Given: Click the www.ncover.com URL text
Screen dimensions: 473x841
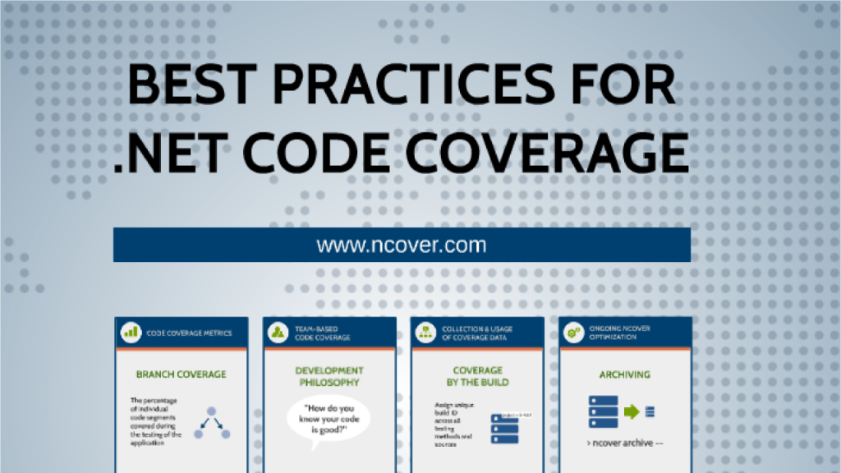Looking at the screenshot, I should pyautogui.click(x=402, y=245).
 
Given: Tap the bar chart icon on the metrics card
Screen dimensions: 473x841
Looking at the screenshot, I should pyautogui.click(x=131, y=333).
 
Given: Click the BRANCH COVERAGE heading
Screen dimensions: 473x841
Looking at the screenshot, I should pyautogui.click(x=181, y=374).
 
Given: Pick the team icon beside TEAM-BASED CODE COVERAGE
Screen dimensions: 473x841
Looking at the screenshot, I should pyautogui.click(x=278, y=333).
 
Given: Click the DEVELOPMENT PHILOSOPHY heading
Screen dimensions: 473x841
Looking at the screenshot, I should pyautogui.click(x=329, y=376).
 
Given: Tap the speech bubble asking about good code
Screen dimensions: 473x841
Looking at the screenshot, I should pyautogui.click(x=329, y=420).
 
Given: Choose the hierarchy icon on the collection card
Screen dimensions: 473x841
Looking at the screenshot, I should pyautogui.click(x=426, y=333).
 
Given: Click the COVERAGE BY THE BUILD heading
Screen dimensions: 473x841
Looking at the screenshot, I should pyautogui.click(x=477, y=376).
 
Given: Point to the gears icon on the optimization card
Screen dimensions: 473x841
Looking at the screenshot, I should pyautogui.click(x=574, y=333).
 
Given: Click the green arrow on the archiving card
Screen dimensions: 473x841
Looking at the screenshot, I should pyautogui.click(x=631, y=411).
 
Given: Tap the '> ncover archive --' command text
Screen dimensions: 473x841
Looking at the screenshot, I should pyautogui.click(x=625, y=443).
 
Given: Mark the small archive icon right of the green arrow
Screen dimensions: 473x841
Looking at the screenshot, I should pyautogui.click(x=650, y=411).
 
